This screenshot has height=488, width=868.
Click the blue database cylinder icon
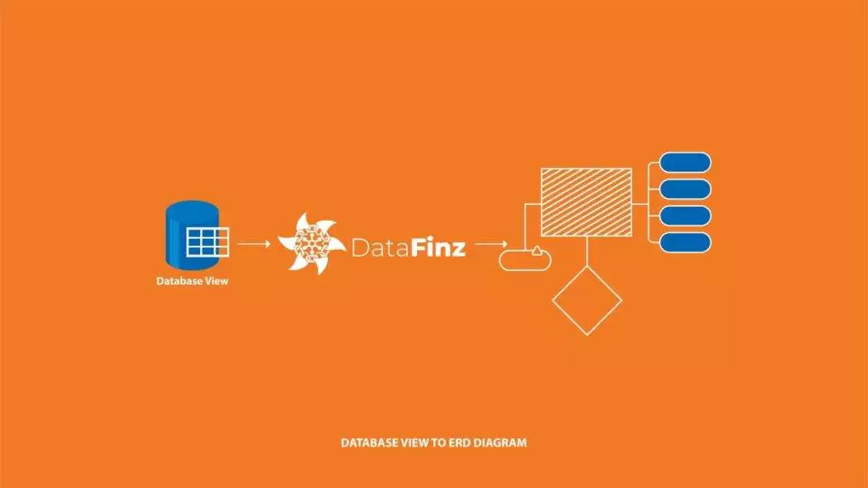pos(192,236)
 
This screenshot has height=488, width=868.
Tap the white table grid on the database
pos(208,242)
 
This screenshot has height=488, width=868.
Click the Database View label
pos(192,281)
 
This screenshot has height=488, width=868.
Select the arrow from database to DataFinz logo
pos(253,243)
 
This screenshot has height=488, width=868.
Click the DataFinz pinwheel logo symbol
pos(312,243)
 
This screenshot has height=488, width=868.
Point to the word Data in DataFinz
pos(381,247)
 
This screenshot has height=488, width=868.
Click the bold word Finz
pos(438,247)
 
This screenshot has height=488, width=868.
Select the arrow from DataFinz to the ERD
pos(491,243)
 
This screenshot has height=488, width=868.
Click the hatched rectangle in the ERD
pos(587,202)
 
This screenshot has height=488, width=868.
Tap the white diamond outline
pos(587,301)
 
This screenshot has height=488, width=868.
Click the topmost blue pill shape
pos(685,163)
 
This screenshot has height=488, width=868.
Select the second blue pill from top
pos(685,189)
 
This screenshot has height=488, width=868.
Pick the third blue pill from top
pos(685,216)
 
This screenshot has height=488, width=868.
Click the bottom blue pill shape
pos(685,242)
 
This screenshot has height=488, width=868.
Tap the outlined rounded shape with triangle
pos(525,259)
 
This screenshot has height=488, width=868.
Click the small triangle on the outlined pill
pos(537,251)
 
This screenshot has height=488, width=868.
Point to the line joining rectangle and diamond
pos(587,251)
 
